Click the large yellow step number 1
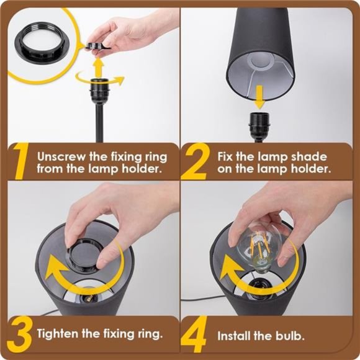coord(21,161)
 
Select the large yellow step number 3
coord(20,335)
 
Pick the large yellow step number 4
coord(194,335)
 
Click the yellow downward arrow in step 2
coord(259,97)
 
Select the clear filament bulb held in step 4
coord(259,250)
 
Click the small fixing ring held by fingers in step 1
coord(96,45)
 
